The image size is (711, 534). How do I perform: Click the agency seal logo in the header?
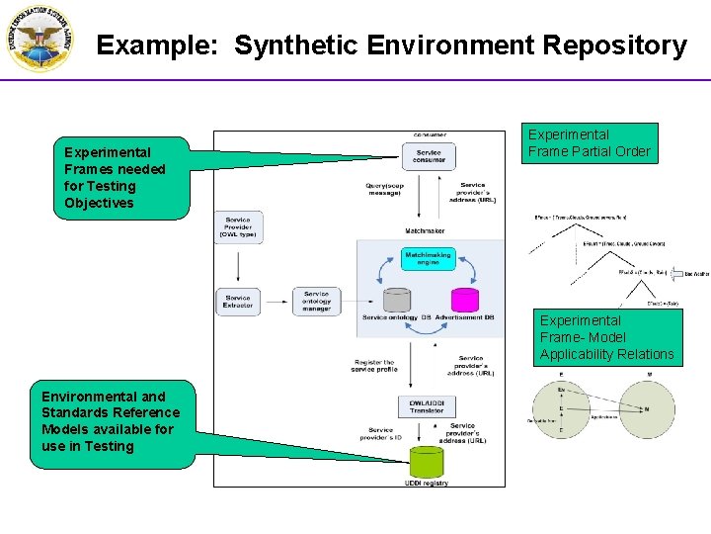pos(39,40)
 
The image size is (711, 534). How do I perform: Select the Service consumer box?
pos(429,156)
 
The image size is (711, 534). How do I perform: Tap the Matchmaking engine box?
pos(429,258)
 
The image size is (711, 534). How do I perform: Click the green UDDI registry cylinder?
pos(427,462)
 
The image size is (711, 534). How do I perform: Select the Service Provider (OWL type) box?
pos(238,228)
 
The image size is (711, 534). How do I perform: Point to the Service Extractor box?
pos(238,302)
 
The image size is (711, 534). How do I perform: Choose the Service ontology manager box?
pos(316,302)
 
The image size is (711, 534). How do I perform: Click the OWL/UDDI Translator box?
pos(427,405)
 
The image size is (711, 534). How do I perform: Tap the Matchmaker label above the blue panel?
pos(425,231)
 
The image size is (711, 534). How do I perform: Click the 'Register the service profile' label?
pos(374,367)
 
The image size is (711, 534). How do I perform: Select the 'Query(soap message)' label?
pos(384,189)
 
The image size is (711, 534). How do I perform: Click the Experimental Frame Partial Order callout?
pos(590,143)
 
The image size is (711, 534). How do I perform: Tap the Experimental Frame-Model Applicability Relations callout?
pos(606,337)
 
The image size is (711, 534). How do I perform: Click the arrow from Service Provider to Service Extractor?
pos(238,265)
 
